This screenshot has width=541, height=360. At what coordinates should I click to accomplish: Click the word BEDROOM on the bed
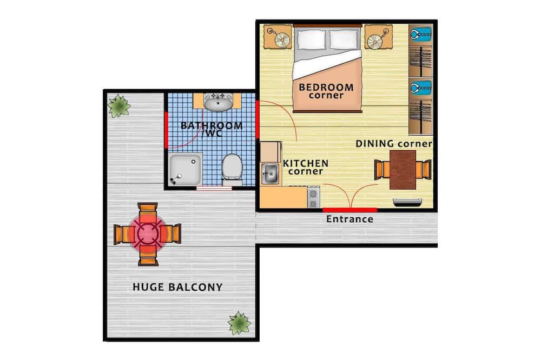[326, 87]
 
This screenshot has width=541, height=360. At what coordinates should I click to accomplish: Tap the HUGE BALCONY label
[177, 287]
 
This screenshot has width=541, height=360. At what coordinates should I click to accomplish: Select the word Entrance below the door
[349, 219]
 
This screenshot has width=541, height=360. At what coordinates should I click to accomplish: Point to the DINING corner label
[394, 143]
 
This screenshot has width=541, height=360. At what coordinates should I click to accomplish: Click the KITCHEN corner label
[306, 167]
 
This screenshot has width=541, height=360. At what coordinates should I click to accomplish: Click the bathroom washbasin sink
[218, 102]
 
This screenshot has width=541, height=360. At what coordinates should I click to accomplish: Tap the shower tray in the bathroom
[186, 169]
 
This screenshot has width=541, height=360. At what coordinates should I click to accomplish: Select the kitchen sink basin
[270, 174]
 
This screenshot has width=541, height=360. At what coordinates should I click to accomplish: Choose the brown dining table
[403, 170]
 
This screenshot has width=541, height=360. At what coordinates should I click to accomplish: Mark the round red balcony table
[148, 234]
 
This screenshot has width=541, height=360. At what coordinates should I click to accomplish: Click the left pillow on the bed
[311, 39]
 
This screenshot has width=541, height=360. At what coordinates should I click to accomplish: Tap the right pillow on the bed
[344, 39]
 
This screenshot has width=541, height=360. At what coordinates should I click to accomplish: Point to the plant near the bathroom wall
[118, 106]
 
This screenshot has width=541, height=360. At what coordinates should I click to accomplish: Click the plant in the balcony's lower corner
[239, 323]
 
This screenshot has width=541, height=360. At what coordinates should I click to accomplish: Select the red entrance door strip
[349, 210]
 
